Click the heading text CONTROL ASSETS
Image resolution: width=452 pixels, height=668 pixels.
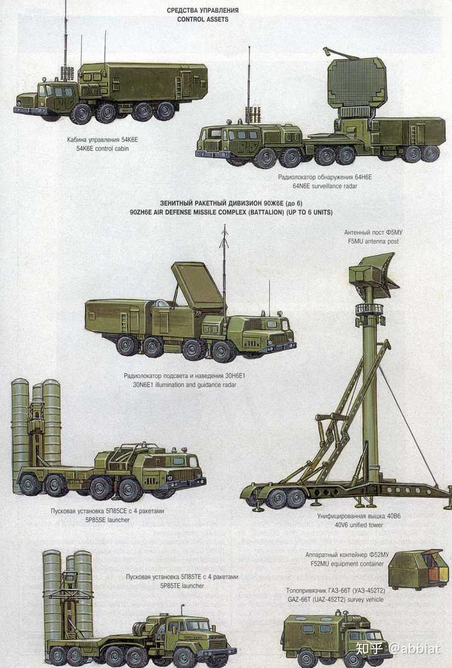point(203,19)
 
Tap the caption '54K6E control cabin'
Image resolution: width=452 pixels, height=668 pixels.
point(103,149)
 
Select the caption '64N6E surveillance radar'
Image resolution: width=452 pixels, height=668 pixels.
point(325,186)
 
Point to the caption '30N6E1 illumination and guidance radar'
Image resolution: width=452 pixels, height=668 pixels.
point(185,385)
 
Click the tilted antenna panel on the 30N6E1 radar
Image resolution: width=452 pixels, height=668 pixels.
point(198,286)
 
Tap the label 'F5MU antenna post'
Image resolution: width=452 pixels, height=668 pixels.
point(373,241)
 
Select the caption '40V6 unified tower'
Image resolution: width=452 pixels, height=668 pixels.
point(358,525)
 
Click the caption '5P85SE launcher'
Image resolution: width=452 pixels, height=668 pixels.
point(107,520)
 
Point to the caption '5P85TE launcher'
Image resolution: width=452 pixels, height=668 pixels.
point(182,586)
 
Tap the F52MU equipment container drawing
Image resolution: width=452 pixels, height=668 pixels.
point(418,569)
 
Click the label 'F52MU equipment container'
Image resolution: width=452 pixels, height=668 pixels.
point(347,564)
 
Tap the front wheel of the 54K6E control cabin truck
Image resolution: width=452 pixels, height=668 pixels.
point(80,114)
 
